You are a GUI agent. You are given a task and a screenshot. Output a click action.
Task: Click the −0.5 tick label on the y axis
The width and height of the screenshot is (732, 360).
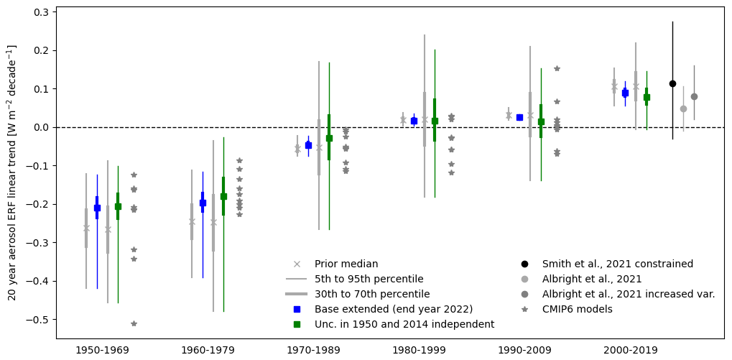point(36,319)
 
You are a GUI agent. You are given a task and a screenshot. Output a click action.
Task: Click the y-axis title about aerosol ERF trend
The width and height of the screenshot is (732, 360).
point(12,172)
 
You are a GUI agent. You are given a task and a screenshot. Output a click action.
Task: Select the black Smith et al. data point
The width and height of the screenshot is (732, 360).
point(672,83)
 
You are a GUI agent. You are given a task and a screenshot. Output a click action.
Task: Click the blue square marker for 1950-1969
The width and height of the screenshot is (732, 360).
point(97,208)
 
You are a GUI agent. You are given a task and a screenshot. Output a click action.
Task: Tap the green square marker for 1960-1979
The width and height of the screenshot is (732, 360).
point(223,196)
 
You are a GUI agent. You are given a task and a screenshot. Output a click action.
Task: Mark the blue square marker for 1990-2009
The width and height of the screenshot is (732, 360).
point(519,117)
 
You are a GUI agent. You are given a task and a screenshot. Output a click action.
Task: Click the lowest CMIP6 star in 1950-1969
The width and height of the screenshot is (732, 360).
point(134,323)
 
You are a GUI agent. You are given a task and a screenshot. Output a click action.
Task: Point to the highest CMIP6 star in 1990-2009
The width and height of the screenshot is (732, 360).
point(557,68)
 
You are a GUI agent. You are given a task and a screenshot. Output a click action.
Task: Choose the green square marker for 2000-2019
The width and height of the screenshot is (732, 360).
point(647,97)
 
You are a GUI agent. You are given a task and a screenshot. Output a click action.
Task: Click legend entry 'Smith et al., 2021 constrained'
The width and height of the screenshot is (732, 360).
point(617,264)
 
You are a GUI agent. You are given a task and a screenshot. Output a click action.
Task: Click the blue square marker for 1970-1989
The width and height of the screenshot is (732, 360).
point(308,145)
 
